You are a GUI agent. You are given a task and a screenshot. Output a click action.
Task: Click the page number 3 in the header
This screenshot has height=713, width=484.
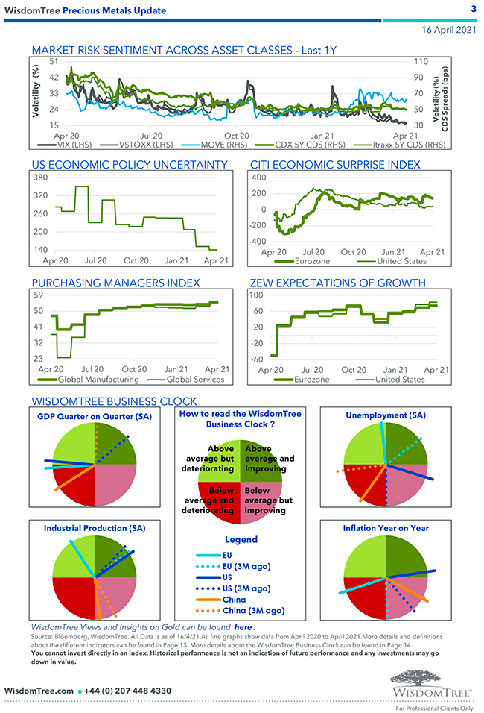[473, 9]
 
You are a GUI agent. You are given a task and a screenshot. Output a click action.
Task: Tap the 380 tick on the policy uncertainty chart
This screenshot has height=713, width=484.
[40, 178]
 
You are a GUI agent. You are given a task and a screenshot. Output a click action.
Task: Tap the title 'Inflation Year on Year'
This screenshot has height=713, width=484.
[386, 528]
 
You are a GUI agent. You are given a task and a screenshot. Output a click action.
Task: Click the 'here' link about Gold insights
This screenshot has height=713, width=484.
[243, 627]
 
